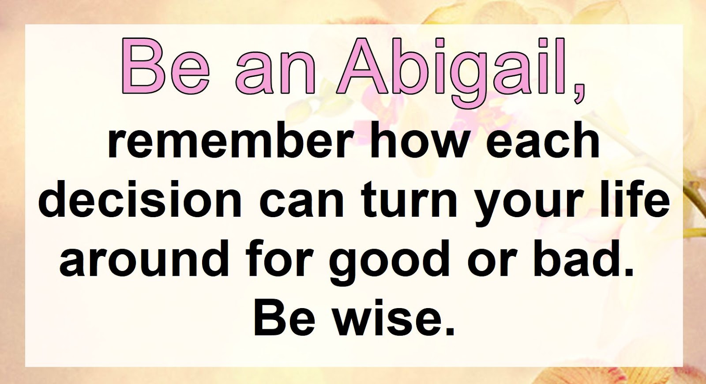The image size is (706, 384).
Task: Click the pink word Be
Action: pyautogui.click(x=166, y=66)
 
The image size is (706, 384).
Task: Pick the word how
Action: pyautogui.click(x=422, y=142)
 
